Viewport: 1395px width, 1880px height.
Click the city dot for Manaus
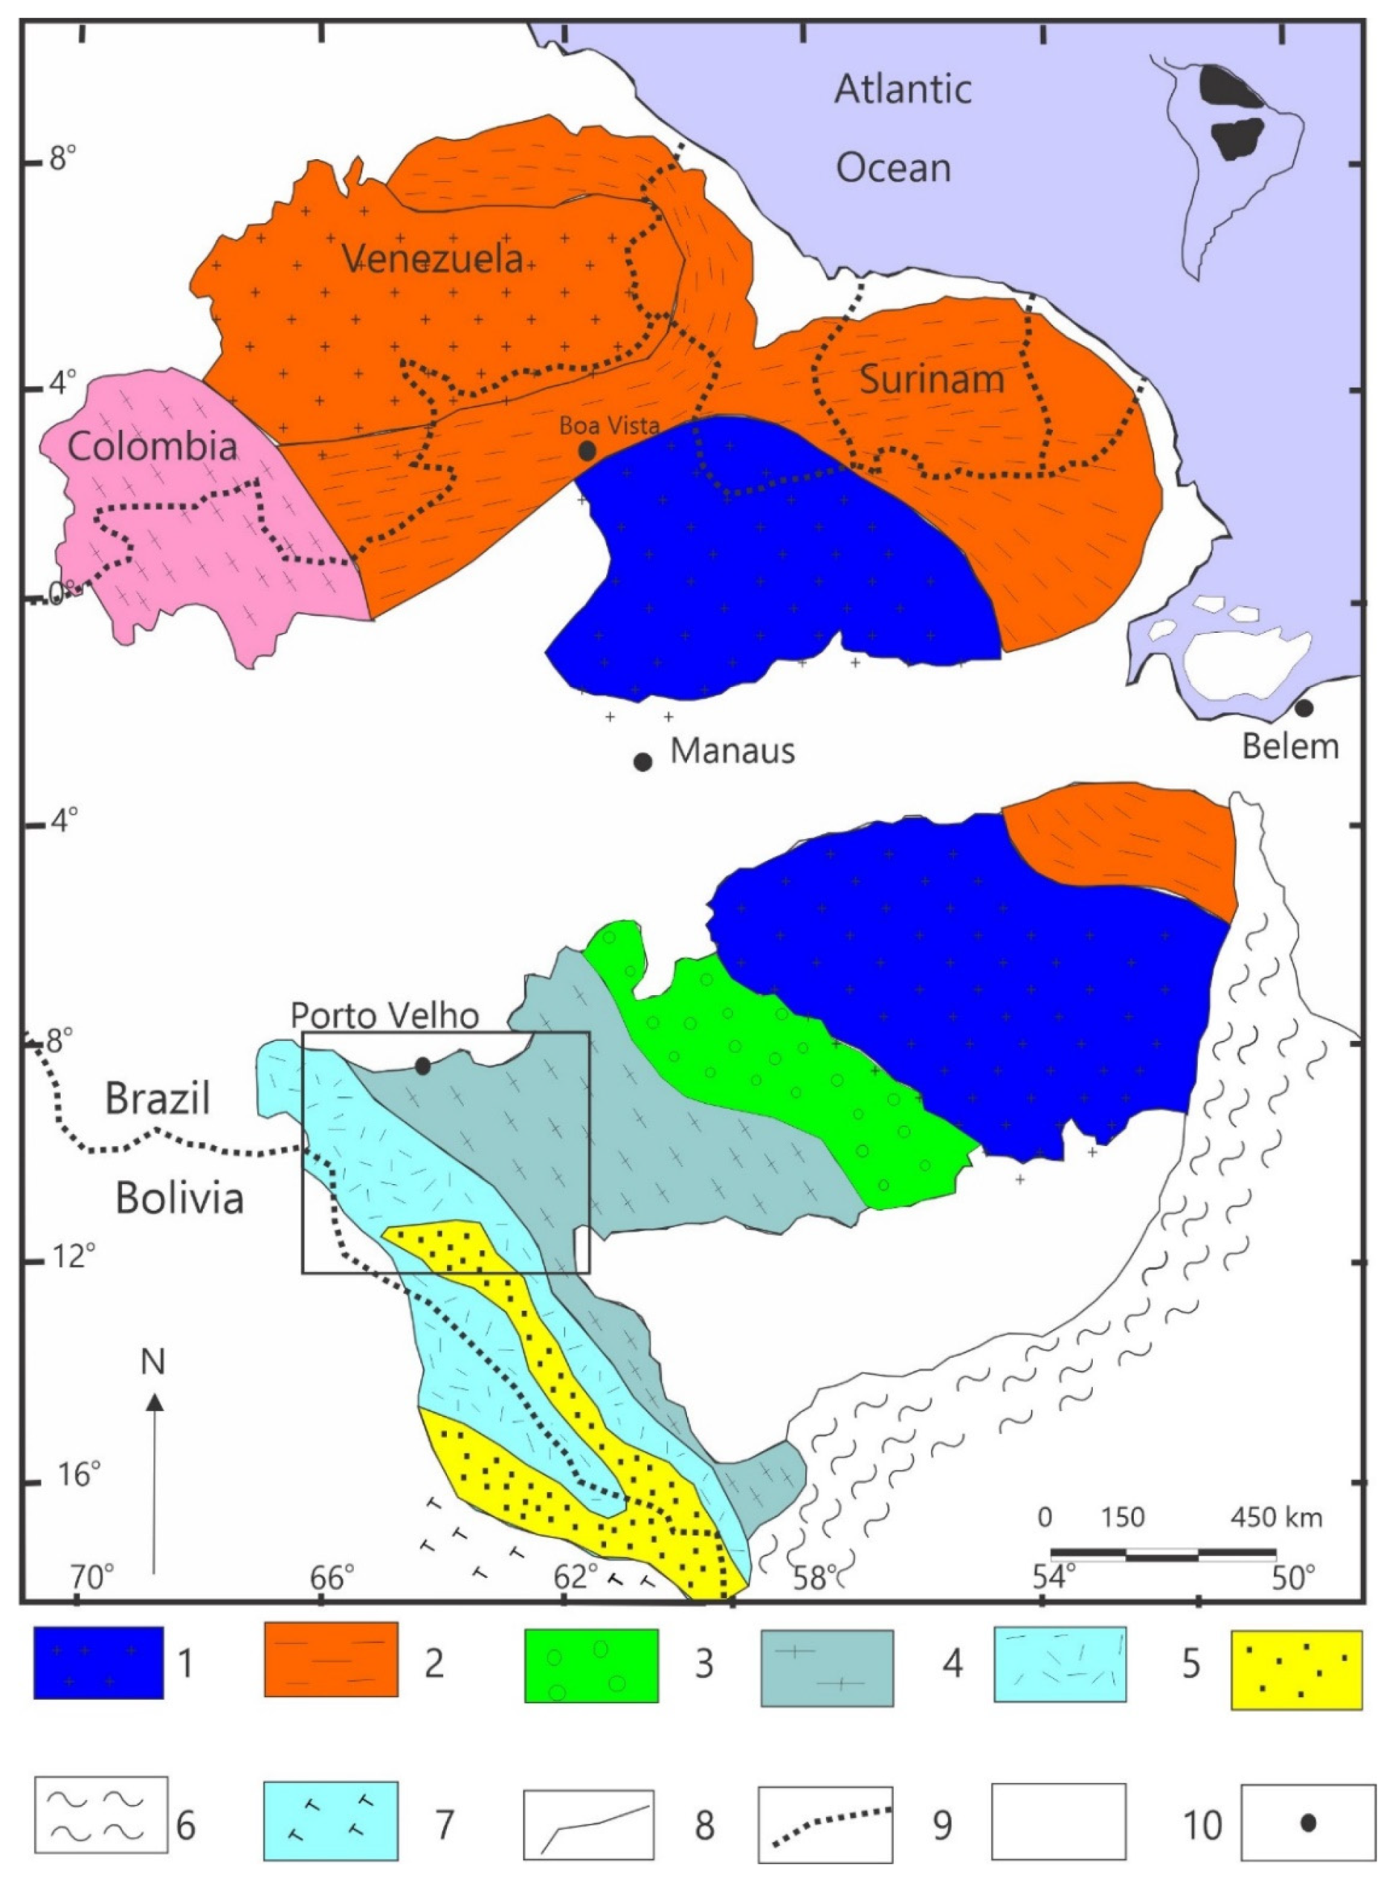pyautogui.click(x=642, y=762)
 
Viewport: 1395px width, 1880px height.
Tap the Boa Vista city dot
pyautogui.click(x=587, y=451)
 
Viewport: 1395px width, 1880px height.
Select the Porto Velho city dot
pyautogui.click(x=423, y=1066)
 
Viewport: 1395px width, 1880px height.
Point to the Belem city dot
pyautogui.click(x=1304, y=708)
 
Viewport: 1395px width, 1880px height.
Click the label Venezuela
pyautogui.click(x=432, y=259)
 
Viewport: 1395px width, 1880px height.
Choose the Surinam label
pyautogui.click(x=932, y=379)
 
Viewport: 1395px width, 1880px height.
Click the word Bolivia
pyautogui.click(x=179, y=1197)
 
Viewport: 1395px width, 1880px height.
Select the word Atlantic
pyautogui.click(x=903, y=88)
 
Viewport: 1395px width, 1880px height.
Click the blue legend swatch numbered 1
pyautogui.click(x=98, y=1662)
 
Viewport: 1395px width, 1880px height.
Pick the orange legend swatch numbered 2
pyautogui.click(x=330, y=1661)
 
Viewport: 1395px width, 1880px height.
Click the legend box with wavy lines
pyautogui.click(x=101, y=1818)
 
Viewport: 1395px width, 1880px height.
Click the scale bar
pyautogui.click(x=1163, y=1552)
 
